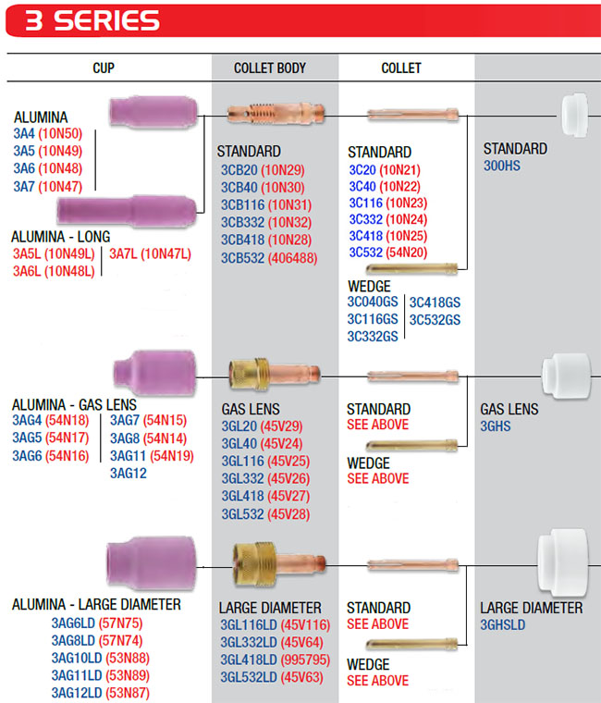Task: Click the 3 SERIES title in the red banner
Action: [92, 21]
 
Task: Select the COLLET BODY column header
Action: [270, 68]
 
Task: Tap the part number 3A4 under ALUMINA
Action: [24, 134]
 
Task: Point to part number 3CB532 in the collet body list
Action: [242, 258]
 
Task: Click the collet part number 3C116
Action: [365, 203]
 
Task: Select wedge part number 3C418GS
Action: [435, 302]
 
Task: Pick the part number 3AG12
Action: [128, 473]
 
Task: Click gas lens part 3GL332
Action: [243, 478]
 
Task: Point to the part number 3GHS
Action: [496, 426]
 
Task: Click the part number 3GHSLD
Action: [503, 625]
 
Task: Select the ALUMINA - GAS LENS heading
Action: [74, 404]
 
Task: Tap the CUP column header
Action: [104, 68]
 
